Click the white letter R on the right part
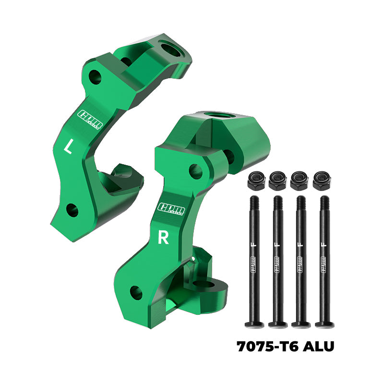163,239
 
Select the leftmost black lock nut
254,181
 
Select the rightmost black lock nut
321,181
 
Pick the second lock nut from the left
277,181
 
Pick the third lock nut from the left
299,181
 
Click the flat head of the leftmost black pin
254,324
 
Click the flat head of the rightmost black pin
324,324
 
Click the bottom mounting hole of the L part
72,209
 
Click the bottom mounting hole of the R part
136,291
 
